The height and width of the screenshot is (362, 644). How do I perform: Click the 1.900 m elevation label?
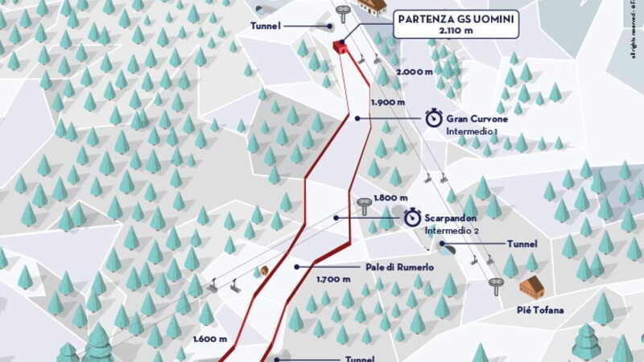pyautogui.click(x=386, y=103)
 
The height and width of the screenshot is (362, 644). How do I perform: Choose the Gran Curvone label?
pyautogui.click(x=477, y=117)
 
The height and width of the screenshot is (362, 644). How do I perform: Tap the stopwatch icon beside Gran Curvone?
pyautogui.click(x=433, y=118)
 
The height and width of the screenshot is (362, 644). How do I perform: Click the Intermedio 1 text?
pyautogui.click(x=474, y=130)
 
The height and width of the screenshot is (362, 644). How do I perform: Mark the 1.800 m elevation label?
pyautogui.click(x=390, y=197)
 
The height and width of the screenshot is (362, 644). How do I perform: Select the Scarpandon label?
pyautogui.click(x=452, y=217)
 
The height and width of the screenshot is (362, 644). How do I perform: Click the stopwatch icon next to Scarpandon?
pyautogui.click(x=412, y=217)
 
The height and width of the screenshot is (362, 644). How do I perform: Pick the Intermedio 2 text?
pyautogui.click(x=452, y=230)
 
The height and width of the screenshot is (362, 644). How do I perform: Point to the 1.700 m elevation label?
pyautogui.click(x=334, y=279)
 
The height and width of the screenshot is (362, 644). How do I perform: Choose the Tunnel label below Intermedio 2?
pyautogui.click(x=522, y=243)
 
